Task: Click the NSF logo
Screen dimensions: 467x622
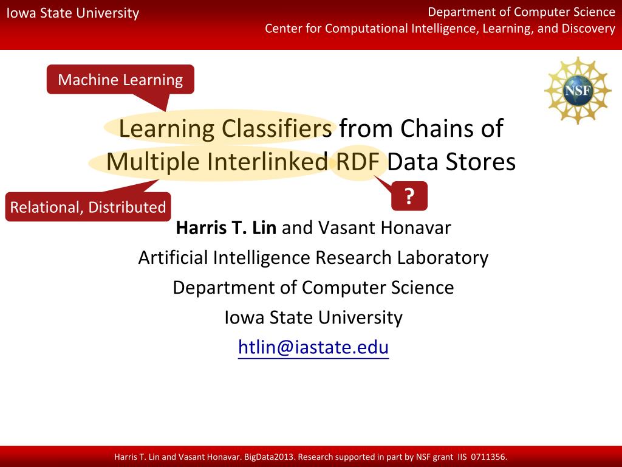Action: click(577, 91)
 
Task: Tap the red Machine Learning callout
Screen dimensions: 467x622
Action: click(120, 80)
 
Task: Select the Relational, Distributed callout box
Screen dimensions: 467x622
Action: click(88, 207)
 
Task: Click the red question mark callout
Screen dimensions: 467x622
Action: click(409, 196)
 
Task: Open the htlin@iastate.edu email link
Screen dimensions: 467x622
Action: click(313, 347)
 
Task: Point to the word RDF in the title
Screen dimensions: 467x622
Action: click(357, 162)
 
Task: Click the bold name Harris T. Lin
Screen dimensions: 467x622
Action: click(226, 228)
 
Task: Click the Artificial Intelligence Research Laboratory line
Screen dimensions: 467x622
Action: click(313, 258)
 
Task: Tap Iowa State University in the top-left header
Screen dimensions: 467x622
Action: click(73, 13)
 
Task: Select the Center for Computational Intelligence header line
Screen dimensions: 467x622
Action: click(440, 29)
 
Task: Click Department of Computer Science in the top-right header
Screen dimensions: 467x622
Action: click(521, 12)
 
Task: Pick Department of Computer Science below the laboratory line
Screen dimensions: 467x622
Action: click(313, 287)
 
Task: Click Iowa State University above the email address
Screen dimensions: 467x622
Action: click(313, 317)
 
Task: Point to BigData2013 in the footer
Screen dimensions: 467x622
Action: click(270, 457)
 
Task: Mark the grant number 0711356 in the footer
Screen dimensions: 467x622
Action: click(488, 457)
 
